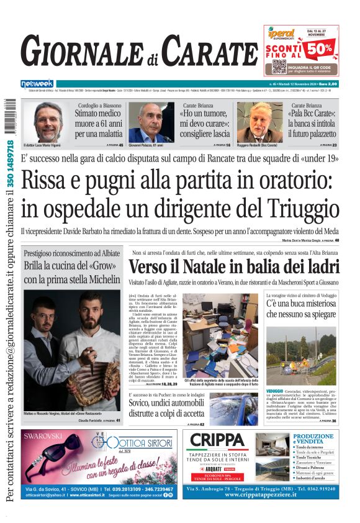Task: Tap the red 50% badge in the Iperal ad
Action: pyautogui.click(x=323, y=47)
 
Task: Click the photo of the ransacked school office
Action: pyautogui.click(x=220, y=334)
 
